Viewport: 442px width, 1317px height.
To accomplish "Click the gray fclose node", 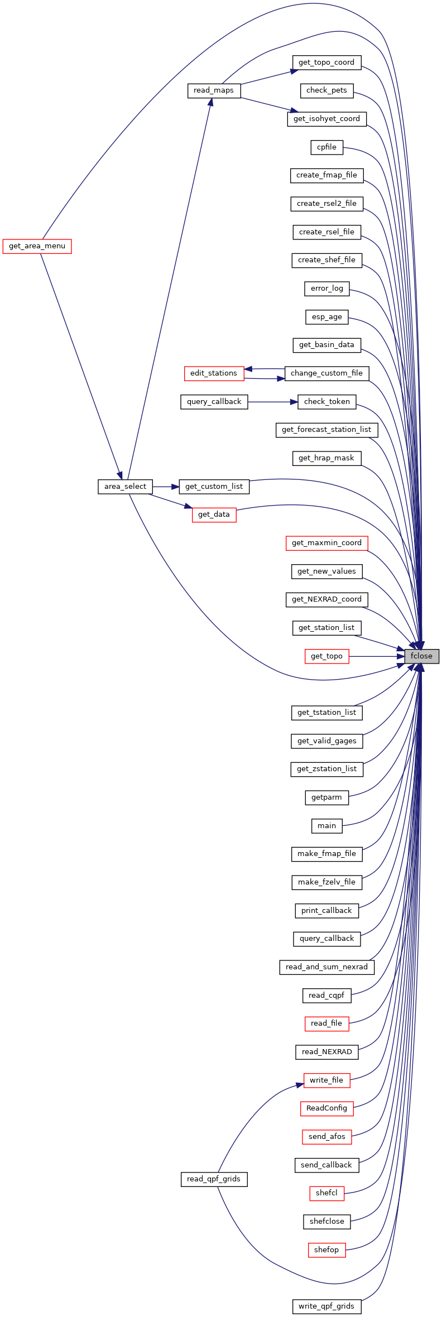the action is point(421,656).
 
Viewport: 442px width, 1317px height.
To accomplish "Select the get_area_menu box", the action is point(37,246).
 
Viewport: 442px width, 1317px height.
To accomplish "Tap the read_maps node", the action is point(214,90).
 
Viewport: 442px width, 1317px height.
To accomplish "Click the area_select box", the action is point(125,487).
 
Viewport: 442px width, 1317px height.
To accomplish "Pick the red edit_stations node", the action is point(214,373).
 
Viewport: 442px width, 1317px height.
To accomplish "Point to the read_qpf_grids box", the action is point(214,1179).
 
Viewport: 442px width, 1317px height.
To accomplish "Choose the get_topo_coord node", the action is point(326,63).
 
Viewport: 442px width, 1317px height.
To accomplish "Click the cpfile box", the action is point(326,147).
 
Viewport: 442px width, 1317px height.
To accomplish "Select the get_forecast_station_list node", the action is point(326,430).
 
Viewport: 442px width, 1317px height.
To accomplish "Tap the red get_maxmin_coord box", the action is point(326,543).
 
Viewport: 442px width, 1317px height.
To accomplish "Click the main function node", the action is point(326,826).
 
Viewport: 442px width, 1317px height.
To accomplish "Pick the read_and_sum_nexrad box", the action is point(326,967).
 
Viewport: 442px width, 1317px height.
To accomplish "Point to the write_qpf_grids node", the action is point(326,1306).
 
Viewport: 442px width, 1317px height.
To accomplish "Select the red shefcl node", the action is point(326,1193).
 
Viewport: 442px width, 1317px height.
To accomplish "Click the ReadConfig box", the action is point(326,1108).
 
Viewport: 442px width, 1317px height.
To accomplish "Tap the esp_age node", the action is point(326,317).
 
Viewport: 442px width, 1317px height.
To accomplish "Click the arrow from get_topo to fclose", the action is point(377,656).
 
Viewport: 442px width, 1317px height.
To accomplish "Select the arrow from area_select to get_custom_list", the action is point(166,487).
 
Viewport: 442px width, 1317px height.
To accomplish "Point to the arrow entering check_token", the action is point(273,402).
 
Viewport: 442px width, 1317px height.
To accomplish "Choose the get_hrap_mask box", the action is point(326,458).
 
